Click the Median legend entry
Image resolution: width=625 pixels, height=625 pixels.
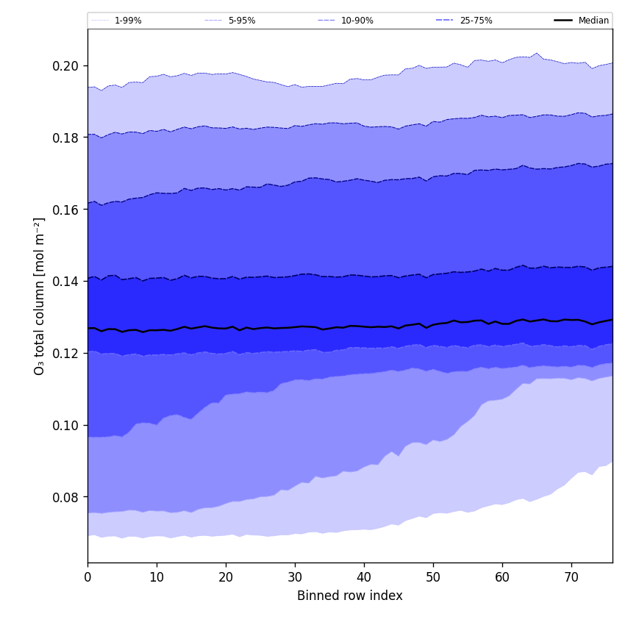click(593, 21)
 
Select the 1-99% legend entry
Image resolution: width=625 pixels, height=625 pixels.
click(128, 21)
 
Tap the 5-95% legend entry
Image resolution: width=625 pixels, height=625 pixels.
click(241, 21)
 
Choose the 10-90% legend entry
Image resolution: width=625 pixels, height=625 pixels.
click(357, 21)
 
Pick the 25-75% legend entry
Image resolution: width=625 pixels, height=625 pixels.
click(476, 21)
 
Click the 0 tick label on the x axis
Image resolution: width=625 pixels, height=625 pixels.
click(87, 577)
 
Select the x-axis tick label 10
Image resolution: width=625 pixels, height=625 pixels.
click(157, 577)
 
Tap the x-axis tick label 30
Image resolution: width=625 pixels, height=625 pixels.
click(295, 577)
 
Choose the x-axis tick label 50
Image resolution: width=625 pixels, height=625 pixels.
click(433, 577)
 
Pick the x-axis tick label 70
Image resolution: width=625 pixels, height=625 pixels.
click(571, 577)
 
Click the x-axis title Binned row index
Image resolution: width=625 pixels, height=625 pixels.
click(350, 596)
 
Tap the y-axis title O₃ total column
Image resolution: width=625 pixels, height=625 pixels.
click(40, 296)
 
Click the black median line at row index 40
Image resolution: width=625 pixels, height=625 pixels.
click(364, 326)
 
